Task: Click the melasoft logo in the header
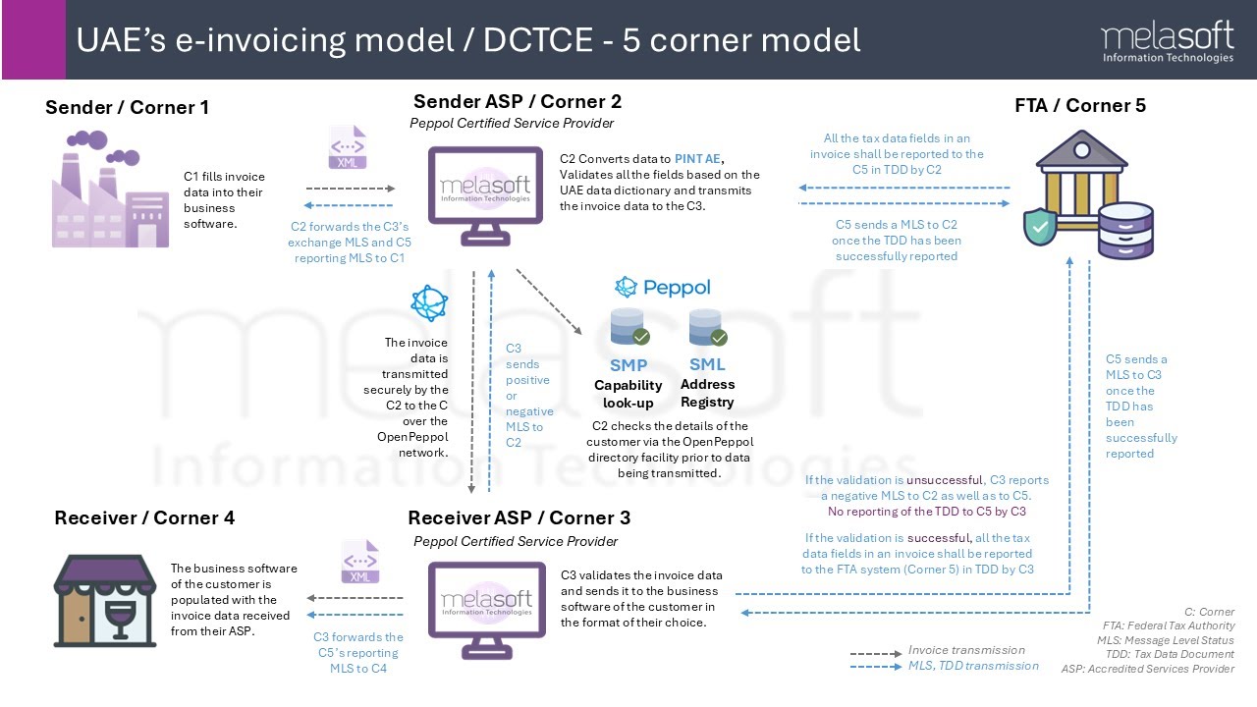click(x=1167, y=42)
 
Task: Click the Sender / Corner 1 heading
click(x=127, y=107)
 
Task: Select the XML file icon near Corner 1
click(x=348, y=149)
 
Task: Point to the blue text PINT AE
click(x=698, y=159)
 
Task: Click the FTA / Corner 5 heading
click(x=1079, y=105)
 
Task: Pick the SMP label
click(x=628, y=365)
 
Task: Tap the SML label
click(x=707, y=364)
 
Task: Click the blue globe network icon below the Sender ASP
click(x=429, y=303)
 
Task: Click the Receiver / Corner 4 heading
click(x=144, y=517)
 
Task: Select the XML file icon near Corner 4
click(x=359, y=562)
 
